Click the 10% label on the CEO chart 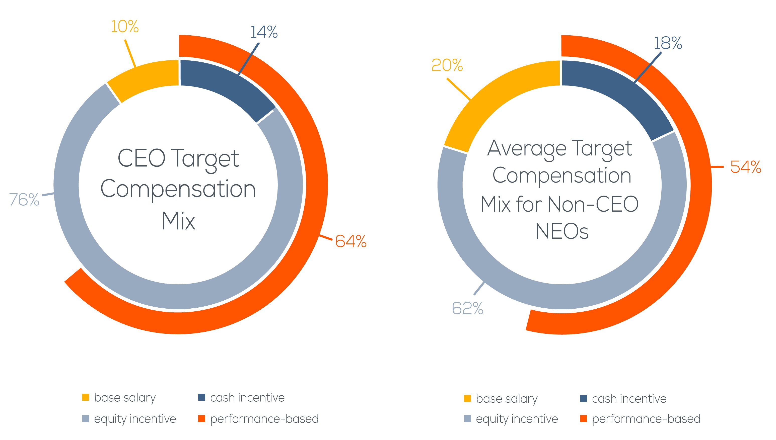125,27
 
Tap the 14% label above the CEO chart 264,32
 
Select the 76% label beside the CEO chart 24,200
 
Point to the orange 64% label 351,241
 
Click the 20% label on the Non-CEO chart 447,65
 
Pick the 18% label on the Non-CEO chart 668,43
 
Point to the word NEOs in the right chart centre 562,232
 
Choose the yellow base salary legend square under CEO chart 86,397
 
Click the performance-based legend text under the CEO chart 264,419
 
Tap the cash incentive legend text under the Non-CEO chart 629,399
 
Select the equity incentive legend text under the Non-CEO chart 517,419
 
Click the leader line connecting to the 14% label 249,59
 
